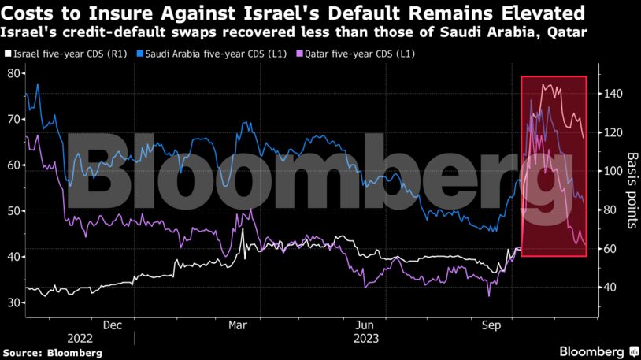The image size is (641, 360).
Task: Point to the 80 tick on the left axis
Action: (13, 73)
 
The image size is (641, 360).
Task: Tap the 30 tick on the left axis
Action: (13, 303)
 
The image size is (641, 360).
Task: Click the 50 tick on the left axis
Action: (13, 211)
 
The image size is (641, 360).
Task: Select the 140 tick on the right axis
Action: (614, 94)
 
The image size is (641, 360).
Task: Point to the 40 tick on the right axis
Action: (611, 288)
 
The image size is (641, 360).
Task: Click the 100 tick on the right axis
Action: (614, 171)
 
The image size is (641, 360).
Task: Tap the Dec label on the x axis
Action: (112, 325)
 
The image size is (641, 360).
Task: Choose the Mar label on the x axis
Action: (239, 325)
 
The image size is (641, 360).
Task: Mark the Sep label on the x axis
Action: (492, 325)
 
